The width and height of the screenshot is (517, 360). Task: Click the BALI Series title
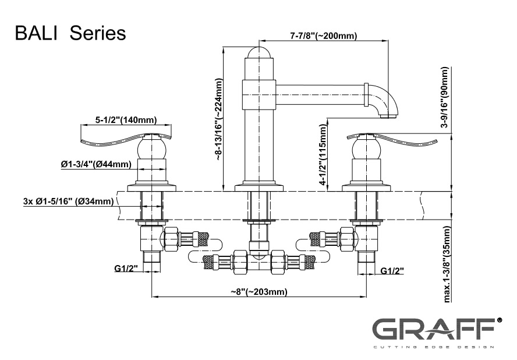click(x=70, y=33)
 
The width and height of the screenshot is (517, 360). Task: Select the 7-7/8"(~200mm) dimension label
click(x=323, y=36)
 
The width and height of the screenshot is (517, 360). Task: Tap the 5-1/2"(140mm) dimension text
click(x=126, y=121)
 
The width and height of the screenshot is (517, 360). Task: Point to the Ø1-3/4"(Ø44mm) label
click(x=95, y=165)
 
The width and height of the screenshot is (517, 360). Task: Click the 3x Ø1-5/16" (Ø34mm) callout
click(x=68, y=202)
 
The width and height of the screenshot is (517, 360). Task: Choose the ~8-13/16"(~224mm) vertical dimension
click(x=219, y=119)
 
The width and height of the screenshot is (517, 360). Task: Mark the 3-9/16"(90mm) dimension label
click(x=445, y=97)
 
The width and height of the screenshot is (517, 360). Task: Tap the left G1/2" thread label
click(x=125, y=270)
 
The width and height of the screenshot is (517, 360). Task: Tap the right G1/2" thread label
click(x=392, y=271)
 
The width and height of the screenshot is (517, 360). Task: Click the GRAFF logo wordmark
click(x=433, y=331)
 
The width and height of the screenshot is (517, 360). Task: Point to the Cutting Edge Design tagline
click(x=433, y=347)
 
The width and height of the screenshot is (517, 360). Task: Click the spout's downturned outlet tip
click(x=387, y=116)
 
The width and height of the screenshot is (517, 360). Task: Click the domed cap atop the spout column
click(x=258, y=52)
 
